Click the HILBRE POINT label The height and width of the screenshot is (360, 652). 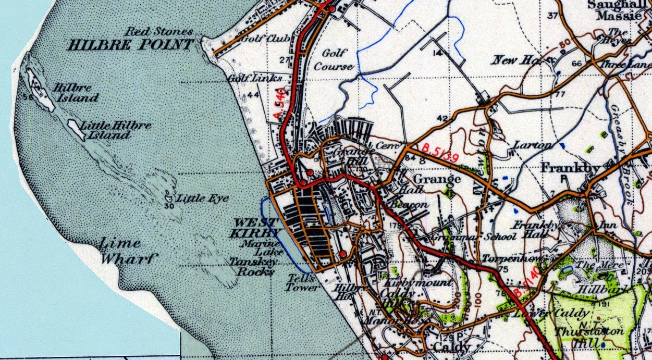131,45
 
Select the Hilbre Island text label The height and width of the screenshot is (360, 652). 75,93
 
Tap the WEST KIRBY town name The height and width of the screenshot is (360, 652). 257,227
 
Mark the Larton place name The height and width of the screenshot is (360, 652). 532,145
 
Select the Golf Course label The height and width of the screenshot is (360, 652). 334,60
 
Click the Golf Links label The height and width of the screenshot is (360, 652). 254,78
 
